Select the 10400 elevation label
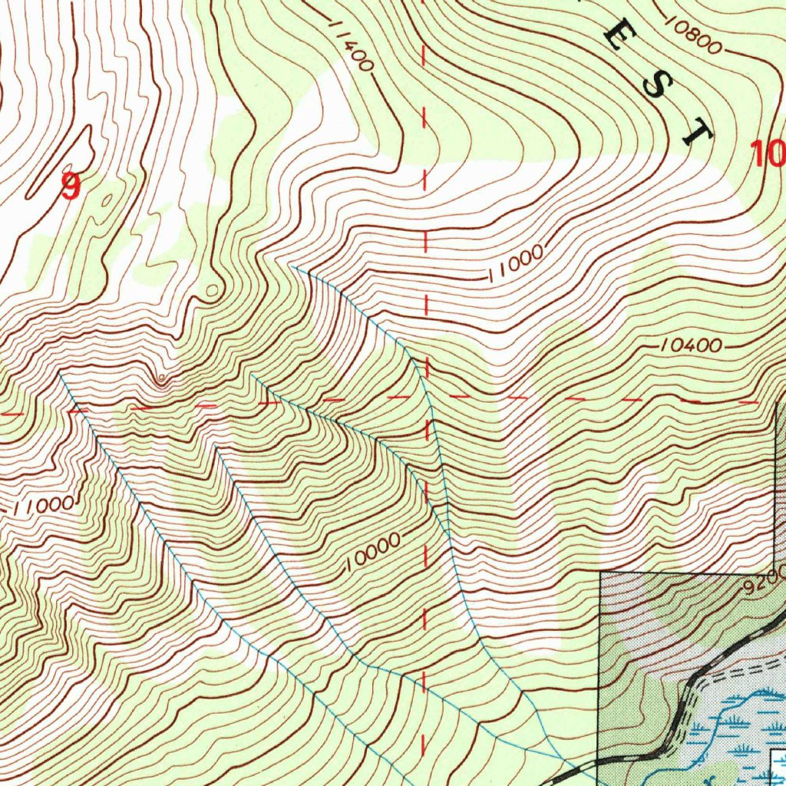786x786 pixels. click(691, 347)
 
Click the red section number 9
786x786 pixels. click(70, 187)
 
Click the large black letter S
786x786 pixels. click(656, 86)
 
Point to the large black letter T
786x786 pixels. click(696, 132)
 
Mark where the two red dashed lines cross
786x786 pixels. click(426, 398)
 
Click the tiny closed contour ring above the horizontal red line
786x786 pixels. click(160, 379)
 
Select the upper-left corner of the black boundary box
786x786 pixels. click(599, 573)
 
